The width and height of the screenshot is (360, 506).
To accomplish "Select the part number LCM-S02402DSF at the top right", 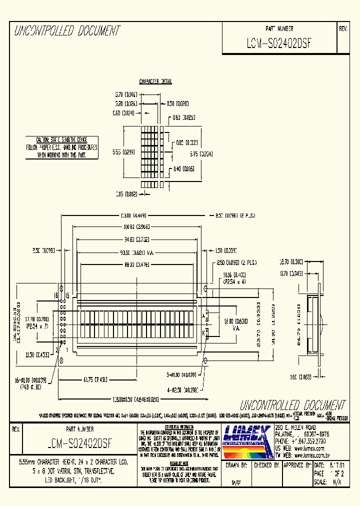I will click(279, 43).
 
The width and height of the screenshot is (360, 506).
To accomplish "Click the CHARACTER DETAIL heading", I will click(155, 81).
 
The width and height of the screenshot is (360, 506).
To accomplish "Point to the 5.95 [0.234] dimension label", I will click(199, 154).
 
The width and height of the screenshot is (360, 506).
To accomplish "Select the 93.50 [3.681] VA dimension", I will click(135, 252).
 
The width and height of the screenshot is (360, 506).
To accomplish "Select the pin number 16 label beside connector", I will click(56, 295).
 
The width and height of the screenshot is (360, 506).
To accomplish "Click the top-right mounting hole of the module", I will click(205, 289).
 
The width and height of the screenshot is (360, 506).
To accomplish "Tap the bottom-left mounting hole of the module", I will click(61, 360).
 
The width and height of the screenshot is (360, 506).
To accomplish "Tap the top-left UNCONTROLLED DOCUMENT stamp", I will click(67, 31).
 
